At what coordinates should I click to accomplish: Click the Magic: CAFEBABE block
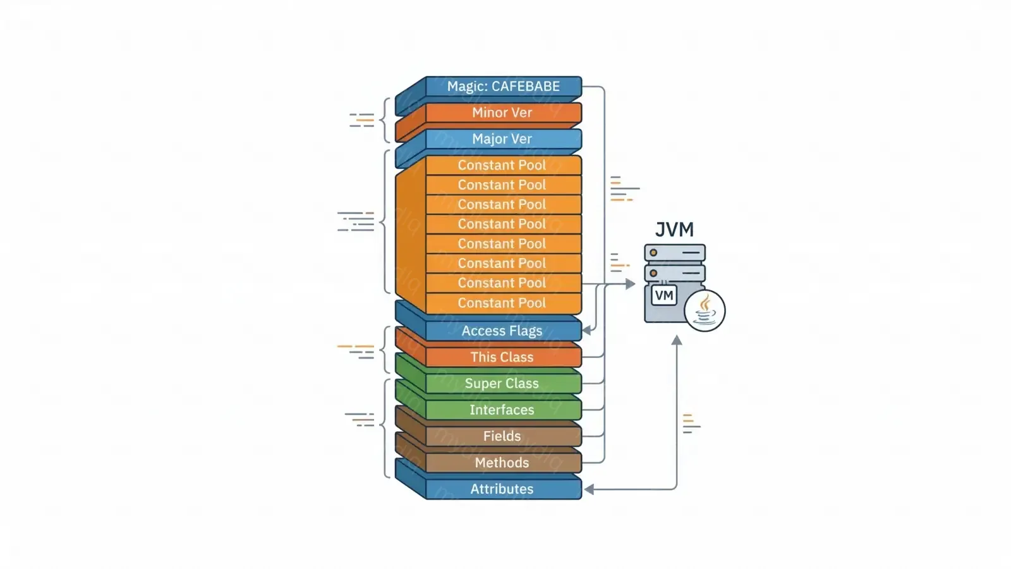tap(503, 87)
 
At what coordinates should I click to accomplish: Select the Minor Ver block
tap(503, 113)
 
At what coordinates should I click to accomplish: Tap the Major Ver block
tap(503, 139)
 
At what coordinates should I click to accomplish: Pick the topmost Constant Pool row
tap(503, 165)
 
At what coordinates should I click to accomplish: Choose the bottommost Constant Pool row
tap(503, 303)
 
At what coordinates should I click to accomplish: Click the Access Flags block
tap(503, 331)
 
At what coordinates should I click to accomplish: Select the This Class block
tap(503, 357)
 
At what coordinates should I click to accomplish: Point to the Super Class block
tap(503, 384)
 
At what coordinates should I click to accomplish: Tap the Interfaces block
tap(503, 410)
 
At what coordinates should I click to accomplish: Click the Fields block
tap(503, 436)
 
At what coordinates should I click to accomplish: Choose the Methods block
tap(503, 463)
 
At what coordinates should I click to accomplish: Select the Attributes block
tap(503, 489)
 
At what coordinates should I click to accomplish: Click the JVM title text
tap(674, 229)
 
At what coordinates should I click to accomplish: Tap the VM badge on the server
tap(663, 295)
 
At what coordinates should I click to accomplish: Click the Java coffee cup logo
tap(705, 310)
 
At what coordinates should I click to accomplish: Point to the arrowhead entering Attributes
tap(588, 489)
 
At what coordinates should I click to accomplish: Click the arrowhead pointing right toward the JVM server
tap(630, 284)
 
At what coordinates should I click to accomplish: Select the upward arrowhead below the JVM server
tap(677, 340)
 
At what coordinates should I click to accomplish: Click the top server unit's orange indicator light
tap(654, 253)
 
